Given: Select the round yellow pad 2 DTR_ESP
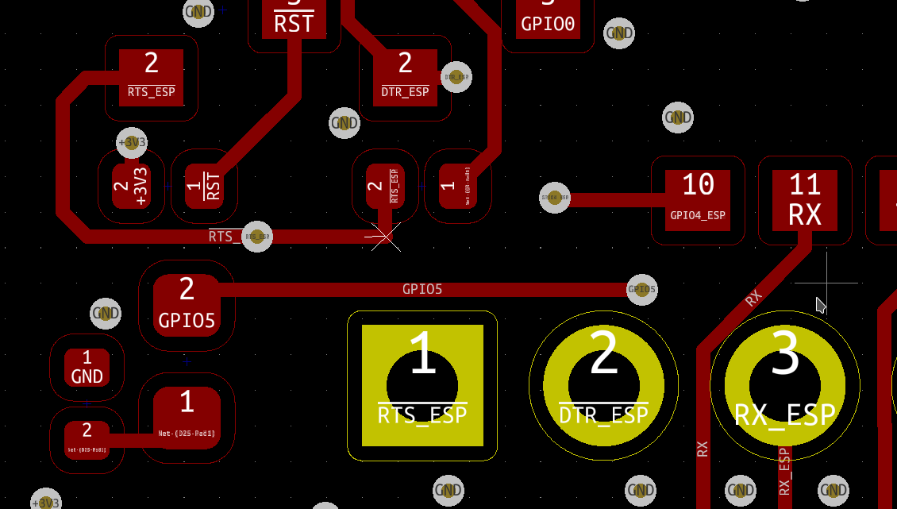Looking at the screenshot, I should tap(603, 386).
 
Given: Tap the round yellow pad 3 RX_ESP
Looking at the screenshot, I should tap(784, 386).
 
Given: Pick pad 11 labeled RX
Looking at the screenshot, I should tap(805, 200).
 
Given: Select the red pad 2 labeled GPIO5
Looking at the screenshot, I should tap(187, 305).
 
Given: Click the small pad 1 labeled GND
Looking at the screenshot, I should tap(87, 368).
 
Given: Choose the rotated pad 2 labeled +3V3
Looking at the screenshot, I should tap(132, 187).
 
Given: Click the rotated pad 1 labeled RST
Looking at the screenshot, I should tap(205, 187).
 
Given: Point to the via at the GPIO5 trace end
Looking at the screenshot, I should tap(641, 290).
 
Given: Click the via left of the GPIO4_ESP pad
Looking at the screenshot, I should tap(555, 197).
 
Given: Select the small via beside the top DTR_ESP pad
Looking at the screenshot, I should tap(456, 77).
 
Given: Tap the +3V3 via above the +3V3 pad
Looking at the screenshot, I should tap(132, 143).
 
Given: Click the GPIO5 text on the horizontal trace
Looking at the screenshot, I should tap(422, 289).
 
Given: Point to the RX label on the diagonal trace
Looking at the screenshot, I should tap(753, 299).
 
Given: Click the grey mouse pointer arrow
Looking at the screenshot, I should tap(821, 305).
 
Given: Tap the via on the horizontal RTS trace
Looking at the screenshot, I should tap(256, 237).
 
